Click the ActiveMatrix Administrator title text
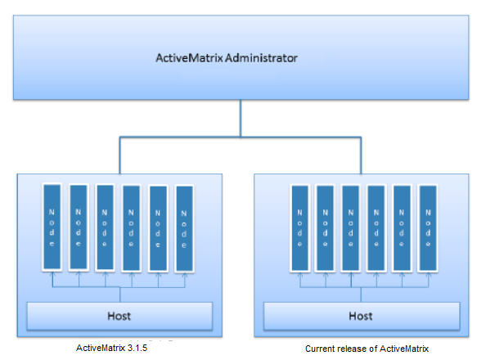click(227, 58)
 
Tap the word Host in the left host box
click(119, 316)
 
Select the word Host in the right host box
click(361, 316)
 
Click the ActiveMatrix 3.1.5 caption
click(111, 348)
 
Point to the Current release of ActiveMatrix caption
click(367, 349)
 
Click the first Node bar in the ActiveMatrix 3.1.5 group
click(52, 227)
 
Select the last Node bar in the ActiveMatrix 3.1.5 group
click(184, 229)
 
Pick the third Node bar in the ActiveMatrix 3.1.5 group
click(105, 228)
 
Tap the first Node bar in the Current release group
click(299, 228)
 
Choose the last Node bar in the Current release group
click(428, 228)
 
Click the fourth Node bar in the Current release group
click(376, 228)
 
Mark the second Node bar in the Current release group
click(325, 228)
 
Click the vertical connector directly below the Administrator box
click(241, 118)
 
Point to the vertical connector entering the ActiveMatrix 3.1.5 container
click(120, 155)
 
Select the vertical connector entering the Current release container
click(361, 155)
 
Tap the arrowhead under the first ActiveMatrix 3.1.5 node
click(52, 273)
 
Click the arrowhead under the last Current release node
click(429, 274)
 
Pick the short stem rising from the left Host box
click(120, 295)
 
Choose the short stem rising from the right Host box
click(361, 295)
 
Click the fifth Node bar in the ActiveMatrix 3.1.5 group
click(158, 228)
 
